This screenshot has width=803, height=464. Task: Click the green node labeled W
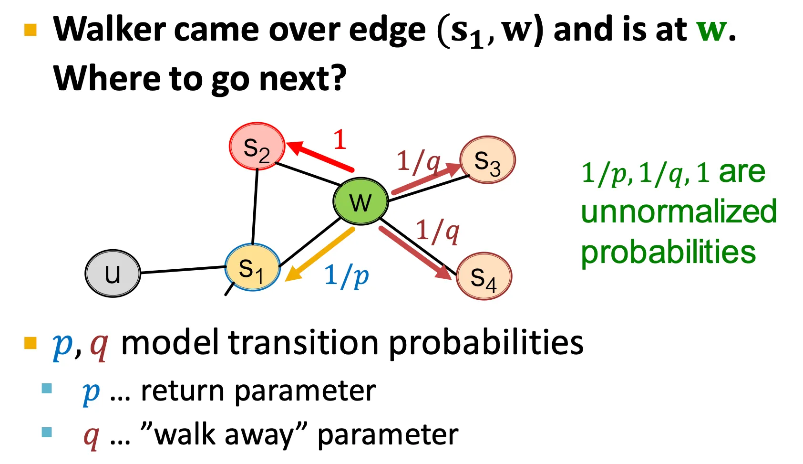click(360, 201)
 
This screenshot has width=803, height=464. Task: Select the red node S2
click(257, 147)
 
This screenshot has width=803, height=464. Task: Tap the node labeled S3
click(487, 160)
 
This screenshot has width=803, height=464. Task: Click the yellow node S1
click(252, 268)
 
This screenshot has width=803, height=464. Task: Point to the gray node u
click(113, 274)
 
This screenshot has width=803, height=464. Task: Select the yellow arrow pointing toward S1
click(319, 254)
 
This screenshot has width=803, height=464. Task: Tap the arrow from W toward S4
click(415, 253)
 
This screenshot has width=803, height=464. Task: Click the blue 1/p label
click(347, 275)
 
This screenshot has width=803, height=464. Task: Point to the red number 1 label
click(340, 140)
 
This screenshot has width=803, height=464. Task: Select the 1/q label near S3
click(418, 161)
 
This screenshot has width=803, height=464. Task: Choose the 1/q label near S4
click(437, 231)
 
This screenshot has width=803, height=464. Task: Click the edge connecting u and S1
click(183, 270)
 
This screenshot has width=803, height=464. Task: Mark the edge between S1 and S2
click(255, 206)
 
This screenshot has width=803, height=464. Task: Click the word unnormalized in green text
click(679, 211)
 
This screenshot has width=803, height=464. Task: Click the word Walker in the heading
click(109, 30)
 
